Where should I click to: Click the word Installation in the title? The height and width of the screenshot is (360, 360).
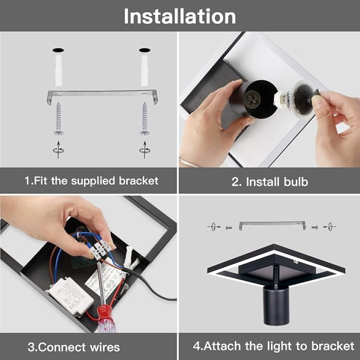click(180, 16)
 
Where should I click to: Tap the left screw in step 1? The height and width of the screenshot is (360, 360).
click(58, 118)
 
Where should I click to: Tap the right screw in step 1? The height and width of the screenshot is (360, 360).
click(145, 118)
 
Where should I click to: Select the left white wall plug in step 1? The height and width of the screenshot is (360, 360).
click(58, 71)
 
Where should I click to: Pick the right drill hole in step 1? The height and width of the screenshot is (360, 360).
click(144, 50)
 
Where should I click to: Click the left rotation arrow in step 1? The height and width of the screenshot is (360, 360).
click(58, 150)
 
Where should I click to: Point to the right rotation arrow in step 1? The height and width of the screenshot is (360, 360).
click(144, 150)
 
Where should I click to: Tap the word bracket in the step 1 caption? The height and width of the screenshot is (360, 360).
click(139, 181)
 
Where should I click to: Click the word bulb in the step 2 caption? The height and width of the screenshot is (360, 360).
click(296, 182)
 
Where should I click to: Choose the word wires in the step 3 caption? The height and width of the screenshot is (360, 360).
click(105, 347)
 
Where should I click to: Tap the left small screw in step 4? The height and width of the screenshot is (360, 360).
click(229, 228)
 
